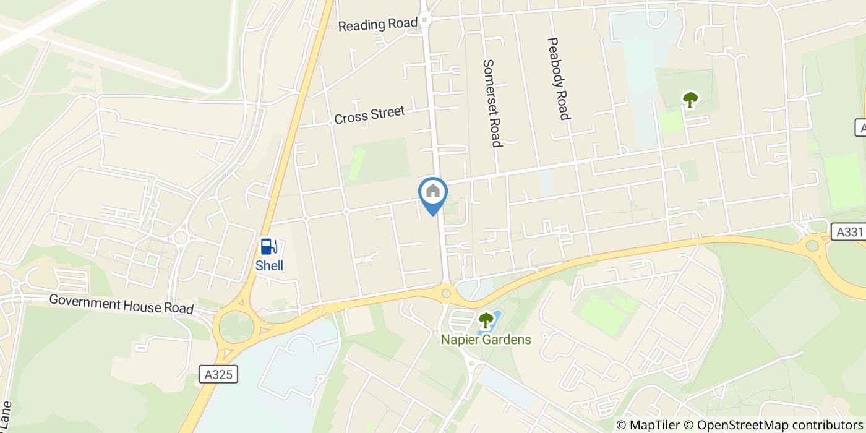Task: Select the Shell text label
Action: tap(270, 265)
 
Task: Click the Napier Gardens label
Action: tap(486, 340)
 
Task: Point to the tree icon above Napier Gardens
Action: tap(486, 320)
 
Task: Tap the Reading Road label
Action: tap(378, 25)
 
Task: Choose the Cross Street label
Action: tap(369, 115)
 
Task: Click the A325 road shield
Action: tap(219, 374)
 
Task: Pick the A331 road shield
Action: tap(846, 231)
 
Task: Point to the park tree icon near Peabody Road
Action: tap(690, 99)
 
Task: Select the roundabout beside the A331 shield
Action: tap(812, 246)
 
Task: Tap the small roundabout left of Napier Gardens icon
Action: tap(446, 291)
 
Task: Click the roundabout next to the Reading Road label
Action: tap(425, 21)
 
